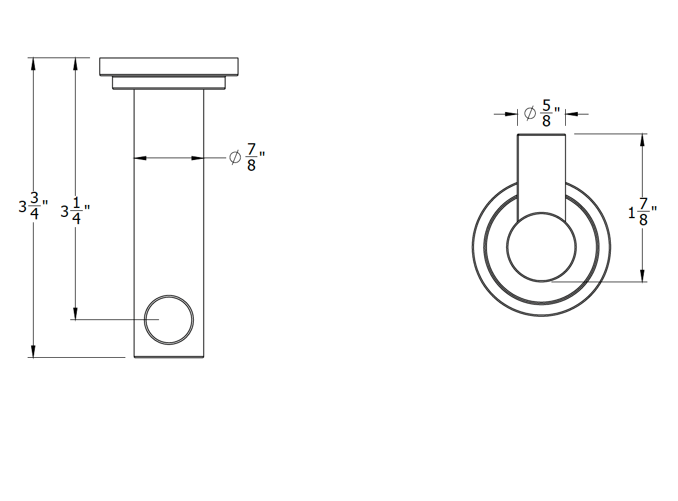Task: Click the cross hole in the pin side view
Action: pos(169,319)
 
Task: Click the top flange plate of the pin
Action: pos(169,67)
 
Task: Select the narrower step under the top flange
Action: pos(169,83)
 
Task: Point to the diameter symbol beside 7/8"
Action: pos(235,158)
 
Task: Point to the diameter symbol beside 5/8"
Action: pos(530,112)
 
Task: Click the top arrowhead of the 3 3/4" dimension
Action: pos(34,64)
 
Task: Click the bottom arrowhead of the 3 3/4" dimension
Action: pos(34,351)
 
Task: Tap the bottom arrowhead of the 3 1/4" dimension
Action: pos(76,313)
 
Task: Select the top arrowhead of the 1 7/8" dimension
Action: pos(643,140)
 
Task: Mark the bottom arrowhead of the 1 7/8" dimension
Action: pos(643,275)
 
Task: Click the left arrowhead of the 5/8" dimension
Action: pos(511,113)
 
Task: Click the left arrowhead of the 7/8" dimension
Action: pos(140,158)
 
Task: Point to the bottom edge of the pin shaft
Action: pos(169,357)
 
